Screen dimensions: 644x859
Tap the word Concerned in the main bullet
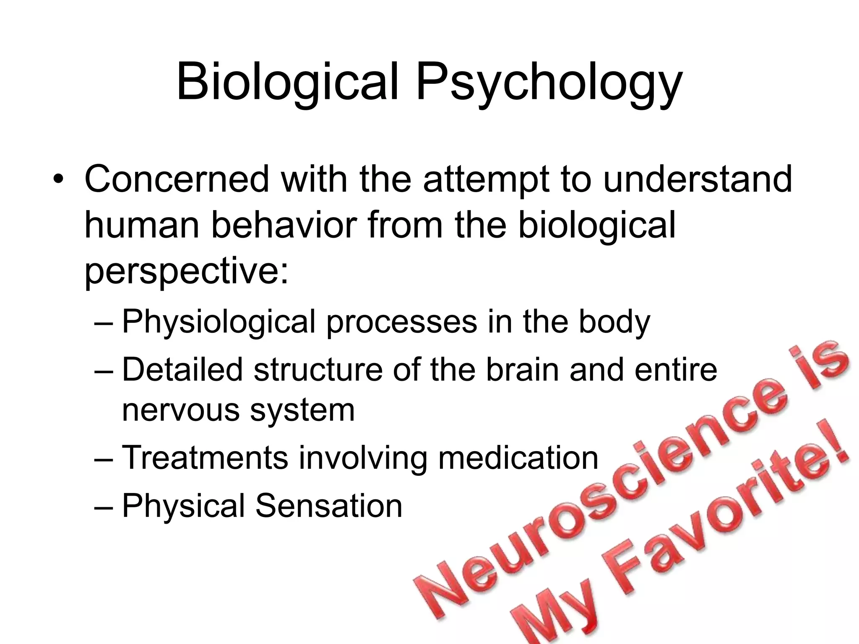tap(177, 179)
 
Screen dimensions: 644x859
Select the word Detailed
tap(182, 370)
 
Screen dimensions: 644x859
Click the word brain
tap(523, 370)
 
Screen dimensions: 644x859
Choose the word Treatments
tap(205, 457)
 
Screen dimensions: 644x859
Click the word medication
tap(518, 457)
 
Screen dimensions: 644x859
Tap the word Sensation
tap(329, 506)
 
